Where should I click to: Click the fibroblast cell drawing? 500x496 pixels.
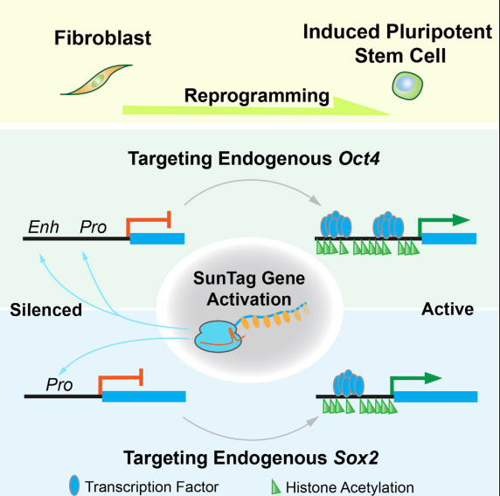[97, 80]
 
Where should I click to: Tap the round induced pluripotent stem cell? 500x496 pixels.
[407, 86]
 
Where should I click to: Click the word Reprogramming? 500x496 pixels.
[257, 95]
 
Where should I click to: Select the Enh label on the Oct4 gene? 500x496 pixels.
[44, 227]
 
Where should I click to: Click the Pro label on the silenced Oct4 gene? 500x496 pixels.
[93, 227]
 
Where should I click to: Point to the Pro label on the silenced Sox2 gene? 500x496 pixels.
[59, 385]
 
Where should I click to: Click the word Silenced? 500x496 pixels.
[46, 310]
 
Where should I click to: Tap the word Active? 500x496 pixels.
[448, 309]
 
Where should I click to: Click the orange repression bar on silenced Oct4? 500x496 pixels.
[149, 219]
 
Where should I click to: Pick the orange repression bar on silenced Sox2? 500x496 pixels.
[121, 377]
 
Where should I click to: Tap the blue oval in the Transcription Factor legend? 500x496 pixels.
[74, 486]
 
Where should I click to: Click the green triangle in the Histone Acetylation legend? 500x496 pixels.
[275, 486]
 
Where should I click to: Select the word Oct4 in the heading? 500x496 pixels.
[359, 158]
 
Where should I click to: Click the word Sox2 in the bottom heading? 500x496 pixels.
[356, 458]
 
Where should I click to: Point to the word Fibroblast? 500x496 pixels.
[102, 38]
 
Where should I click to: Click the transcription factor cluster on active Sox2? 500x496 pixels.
[349, 383]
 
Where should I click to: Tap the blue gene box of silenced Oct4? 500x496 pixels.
[157, 238]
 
